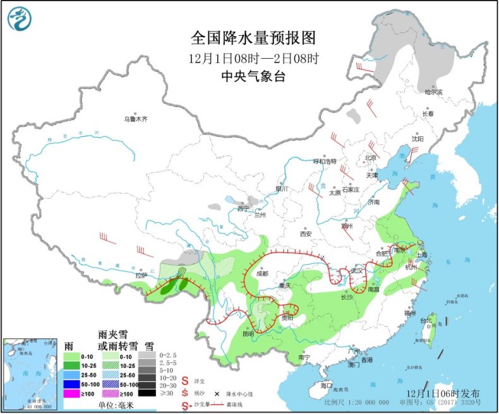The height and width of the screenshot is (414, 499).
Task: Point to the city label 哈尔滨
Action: point(433,92)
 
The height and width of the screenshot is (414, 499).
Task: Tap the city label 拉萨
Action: point(140,275)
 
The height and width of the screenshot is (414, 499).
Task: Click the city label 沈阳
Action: point(418,138)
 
